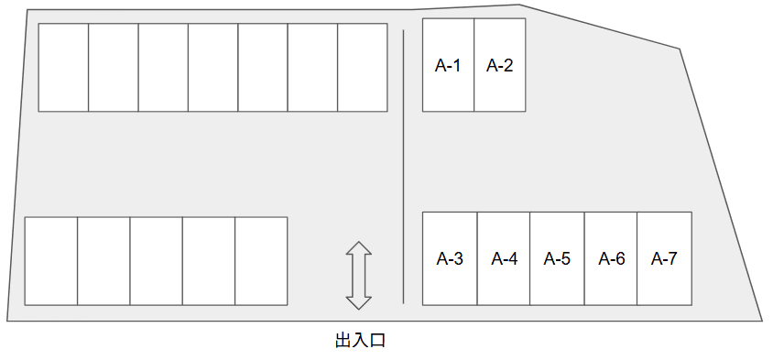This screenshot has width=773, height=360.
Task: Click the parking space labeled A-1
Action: pyautogui.click(x=448, y=66)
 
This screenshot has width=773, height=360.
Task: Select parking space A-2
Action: pyautogui.click(x=499, y=66)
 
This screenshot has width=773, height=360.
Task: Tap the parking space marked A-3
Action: pyautogui.click(x=449, y=258)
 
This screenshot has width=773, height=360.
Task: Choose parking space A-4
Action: pyautogui.click(x=504, y=258)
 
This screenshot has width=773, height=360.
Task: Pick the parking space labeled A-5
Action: pyautogui.click(x=557, y=258)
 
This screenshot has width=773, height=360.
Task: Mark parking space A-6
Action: pyautogui.click(x=611, y=258)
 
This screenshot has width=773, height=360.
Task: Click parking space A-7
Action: pyautogui.click(x=664, y=258)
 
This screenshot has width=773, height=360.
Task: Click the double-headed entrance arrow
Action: pyautogui.click(x=358, y=275)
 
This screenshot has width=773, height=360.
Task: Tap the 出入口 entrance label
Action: pyautogui.click(x=360, y=341)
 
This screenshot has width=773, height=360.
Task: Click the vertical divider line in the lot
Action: pyautogui.click(x=404, y=165)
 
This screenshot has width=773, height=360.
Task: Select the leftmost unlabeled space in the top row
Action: pyautogui.click(x=63, y=67)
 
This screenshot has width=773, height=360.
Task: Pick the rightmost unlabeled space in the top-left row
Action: pyautogui.click(x=363, y=67)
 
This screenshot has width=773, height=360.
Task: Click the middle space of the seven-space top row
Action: pyautogui.click(x=213, y=67)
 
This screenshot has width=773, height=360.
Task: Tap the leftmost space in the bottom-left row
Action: pyautogui.click(x=51, y=260)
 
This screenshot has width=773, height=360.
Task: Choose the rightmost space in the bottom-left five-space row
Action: pyautogui.click(x=261, y=260)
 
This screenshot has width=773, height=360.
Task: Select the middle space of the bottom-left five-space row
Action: pyautogui.click(x=156, y=260)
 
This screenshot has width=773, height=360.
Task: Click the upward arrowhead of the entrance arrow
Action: pyautogui.click(x=358, y=248)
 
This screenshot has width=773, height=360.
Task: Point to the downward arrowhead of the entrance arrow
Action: pyautogui.click(x=358, y=301)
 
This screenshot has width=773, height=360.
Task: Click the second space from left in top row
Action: pyautogui.click(x=114, y=67)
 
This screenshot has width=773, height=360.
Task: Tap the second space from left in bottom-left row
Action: pyautogui.click(x=103, y=260)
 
